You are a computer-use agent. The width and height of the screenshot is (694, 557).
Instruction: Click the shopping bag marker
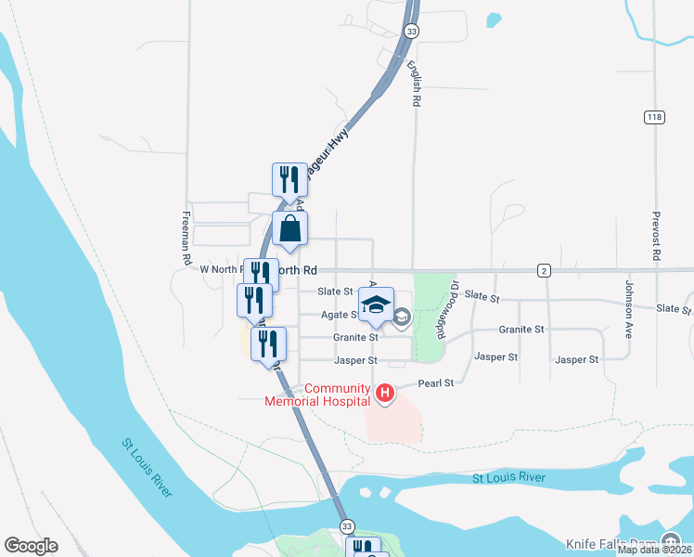click(289, 228)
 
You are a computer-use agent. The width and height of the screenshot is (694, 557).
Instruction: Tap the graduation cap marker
click(376, 304)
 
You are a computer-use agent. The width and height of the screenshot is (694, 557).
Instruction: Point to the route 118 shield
click(655, 116)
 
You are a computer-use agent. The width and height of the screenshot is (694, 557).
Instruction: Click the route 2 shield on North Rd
click(544, 270)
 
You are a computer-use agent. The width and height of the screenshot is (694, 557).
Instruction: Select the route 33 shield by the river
click(346, 526)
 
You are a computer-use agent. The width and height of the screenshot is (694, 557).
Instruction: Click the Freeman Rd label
click(186, 236)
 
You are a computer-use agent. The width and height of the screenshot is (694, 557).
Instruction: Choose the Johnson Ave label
click(629, 307)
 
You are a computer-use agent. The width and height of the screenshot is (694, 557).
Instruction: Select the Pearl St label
click(435, 382)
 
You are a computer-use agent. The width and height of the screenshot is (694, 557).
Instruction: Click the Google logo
click(31, 546)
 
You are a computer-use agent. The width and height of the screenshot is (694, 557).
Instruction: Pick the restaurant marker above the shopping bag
click(289, 179)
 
